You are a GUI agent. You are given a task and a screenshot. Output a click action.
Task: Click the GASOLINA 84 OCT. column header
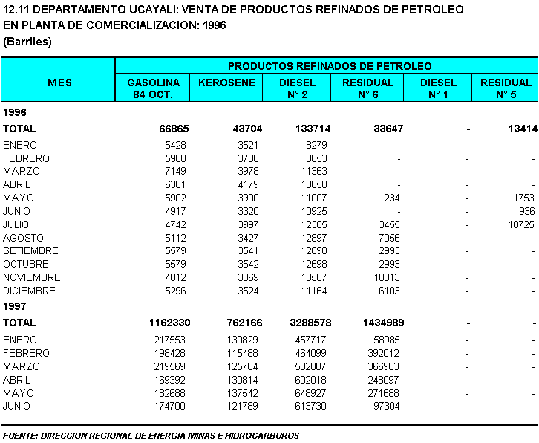tap(154, 88)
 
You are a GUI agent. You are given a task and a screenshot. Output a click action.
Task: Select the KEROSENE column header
tap(227, 83)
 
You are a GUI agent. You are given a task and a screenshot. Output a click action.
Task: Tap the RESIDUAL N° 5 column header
tap(506, 88)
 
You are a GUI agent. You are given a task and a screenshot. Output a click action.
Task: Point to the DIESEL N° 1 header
tap(438, 88)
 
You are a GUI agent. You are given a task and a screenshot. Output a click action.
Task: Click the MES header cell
tap(60, 83)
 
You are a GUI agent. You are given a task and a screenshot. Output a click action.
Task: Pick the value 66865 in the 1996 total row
tap(174, 129)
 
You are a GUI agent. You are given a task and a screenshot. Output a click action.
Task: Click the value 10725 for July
tap(521, 224)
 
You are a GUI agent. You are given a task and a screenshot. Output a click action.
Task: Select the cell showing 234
tap(392, 198)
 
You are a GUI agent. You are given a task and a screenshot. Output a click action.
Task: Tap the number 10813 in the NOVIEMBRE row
tap(387, 277)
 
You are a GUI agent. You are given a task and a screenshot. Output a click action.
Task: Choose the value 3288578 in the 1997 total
tap(310, 323)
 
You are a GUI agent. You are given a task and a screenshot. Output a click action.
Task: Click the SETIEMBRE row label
tap(30, 250)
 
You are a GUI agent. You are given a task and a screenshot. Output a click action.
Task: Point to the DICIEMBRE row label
tap(29, 291)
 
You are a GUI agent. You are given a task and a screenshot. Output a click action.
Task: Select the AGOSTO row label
tap(23, 238)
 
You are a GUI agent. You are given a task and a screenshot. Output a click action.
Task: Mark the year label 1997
tap(14, 306)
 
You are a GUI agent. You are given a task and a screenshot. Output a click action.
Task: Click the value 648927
tap(310, 393)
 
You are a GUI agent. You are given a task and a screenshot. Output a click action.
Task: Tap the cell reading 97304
tap(387, 406)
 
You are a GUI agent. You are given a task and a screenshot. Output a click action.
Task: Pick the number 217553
tap(170, 340)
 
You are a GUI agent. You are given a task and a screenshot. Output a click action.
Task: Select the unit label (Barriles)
tap(27, 42)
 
